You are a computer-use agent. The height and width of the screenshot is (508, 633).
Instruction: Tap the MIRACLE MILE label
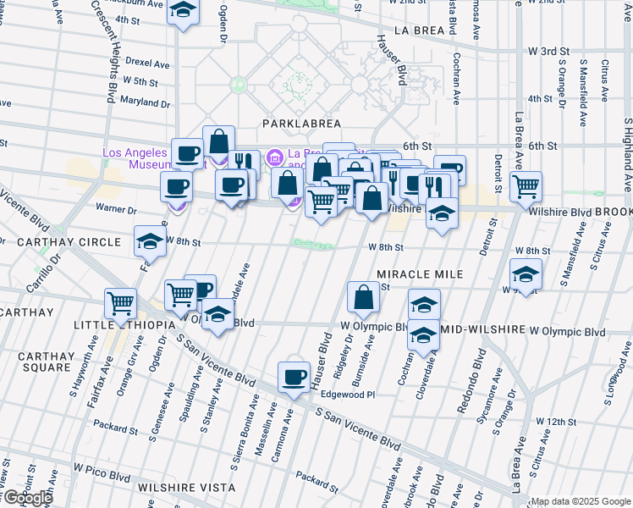[420, 274]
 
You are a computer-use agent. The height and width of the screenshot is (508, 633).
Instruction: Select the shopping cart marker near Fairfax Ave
[121, 301]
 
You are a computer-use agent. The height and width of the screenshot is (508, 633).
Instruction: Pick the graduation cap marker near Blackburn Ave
[182, 11]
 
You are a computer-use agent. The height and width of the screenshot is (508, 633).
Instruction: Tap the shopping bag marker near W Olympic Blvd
[363, 296]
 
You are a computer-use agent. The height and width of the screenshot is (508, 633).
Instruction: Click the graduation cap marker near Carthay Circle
[150, 240]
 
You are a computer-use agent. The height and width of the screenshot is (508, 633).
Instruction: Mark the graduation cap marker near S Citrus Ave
[526, 276]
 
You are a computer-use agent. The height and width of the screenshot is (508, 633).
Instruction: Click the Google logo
[28, 498]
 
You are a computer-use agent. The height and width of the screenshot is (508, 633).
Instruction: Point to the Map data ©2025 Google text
[581, 501]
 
